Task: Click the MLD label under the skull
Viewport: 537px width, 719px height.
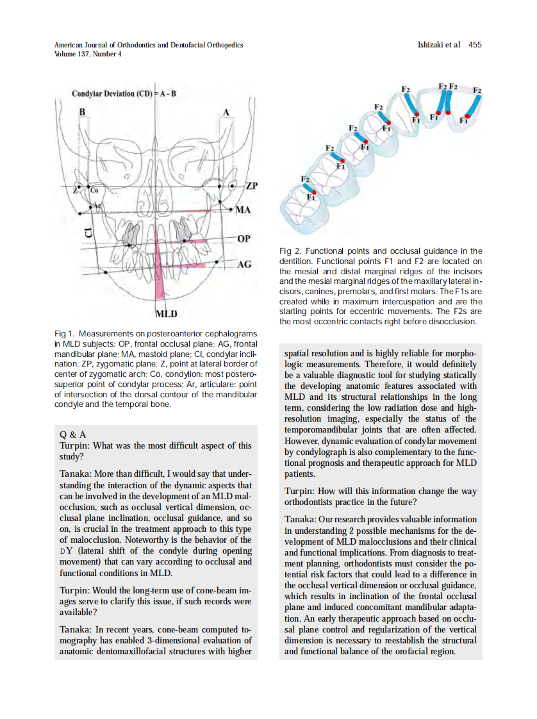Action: coord(167,313)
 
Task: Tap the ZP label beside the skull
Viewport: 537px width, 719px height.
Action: coord(251,186)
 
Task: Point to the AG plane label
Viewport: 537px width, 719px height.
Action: coord(244,264)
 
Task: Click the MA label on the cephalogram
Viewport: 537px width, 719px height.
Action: coord(244,210)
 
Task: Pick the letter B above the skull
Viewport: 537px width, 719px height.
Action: coord(81,113)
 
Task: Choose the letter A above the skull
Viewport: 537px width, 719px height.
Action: coord(225,113)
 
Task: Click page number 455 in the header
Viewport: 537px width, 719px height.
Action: coord(475,45)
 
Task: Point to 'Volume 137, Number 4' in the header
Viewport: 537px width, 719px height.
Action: coord(88,54)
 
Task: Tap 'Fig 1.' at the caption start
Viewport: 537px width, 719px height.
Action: coord(65,334)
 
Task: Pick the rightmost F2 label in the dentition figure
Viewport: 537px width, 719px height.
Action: coord(477,90)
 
